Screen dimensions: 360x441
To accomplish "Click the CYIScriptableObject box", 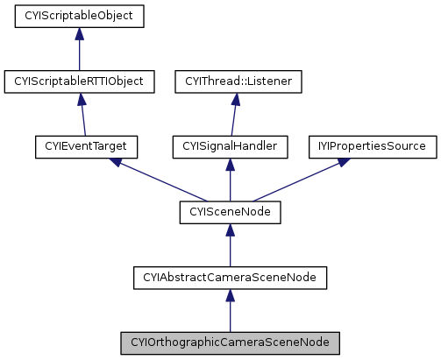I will click(x=79, y=16).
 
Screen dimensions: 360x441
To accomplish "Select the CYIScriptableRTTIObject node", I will click(x=80, y=81).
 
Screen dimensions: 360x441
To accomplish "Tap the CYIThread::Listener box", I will click(x=238, y=81).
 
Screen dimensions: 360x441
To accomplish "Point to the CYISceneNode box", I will click(x=230, y=212).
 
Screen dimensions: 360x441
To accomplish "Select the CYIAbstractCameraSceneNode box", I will click(x=230, y=278).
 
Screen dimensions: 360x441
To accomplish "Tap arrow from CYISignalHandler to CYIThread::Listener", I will click(x=234, y=115).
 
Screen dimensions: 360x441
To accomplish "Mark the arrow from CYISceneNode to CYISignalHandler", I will click(x=230, y=180).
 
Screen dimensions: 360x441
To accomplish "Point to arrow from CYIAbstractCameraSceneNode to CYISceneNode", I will click(x=230, y=245).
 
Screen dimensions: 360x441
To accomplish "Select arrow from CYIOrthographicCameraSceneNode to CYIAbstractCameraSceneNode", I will click(x=230, y=310).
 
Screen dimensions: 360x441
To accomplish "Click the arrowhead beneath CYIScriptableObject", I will click(x=79, y=33).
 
